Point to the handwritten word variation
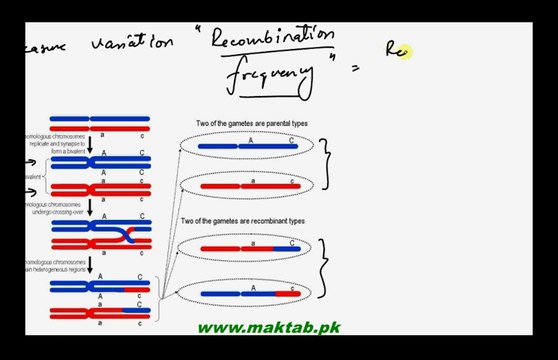pyautogui.click(x=132, y=44)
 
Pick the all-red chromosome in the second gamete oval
pyautogui.click(x=250, y=185)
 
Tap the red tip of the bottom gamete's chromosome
pyautogui.click(x=292, y=293)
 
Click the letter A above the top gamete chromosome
pyautogui.click(x=240, y=141)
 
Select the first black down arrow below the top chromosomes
pyautogui.click(x=90, y=145)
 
